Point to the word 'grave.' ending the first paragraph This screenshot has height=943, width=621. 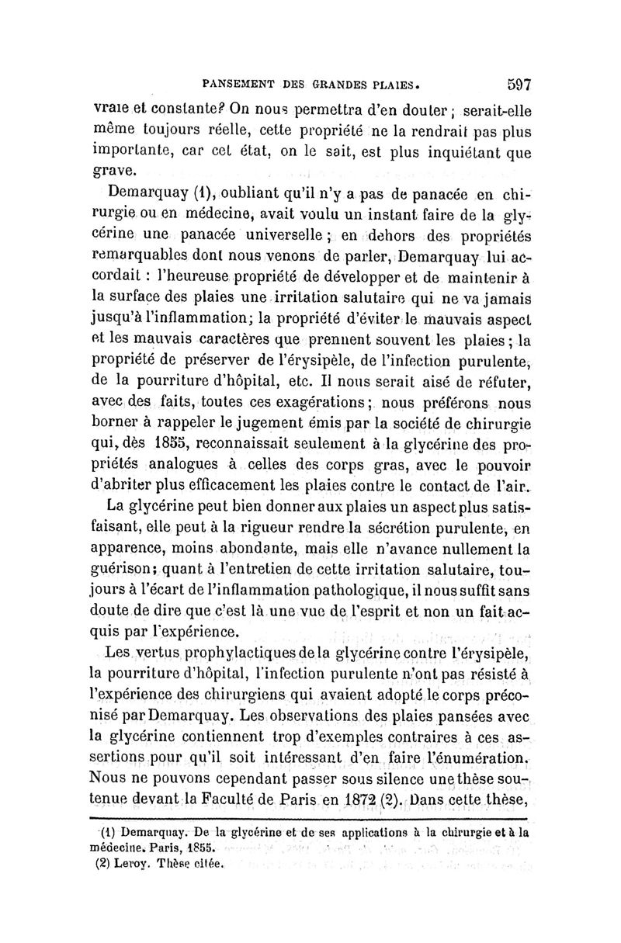[116, 168]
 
